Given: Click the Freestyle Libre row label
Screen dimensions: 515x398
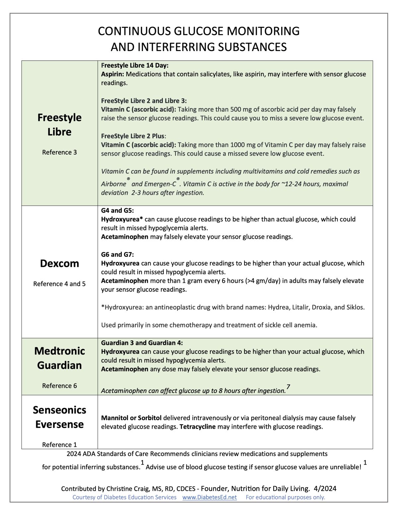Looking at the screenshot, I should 59,125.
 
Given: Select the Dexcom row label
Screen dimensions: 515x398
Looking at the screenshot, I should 59,263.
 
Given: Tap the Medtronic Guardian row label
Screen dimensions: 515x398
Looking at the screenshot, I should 59,358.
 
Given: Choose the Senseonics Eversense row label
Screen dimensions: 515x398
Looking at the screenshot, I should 59,417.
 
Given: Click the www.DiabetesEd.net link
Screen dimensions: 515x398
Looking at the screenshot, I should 210,497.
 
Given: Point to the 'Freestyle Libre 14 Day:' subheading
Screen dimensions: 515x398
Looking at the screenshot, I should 135,65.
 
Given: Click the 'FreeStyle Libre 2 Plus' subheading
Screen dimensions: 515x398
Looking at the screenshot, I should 133,136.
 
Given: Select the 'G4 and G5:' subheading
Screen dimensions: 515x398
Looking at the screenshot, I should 117,210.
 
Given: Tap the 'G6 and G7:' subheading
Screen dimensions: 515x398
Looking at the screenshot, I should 117,254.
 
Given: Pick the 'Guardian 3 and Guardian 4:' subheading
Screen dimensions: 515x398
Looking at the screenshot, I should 142,343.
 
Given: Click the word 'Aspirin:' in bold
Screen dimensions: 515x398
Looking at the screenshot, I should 112,74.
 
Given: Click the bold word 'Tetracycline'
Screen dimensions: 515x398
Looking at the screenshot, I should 198,426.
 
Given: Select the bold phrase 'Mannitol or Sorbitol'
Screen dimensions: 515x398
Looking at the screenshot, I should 131,418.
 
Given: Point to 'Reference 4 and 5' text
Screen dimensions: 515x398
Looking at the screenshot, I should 59,284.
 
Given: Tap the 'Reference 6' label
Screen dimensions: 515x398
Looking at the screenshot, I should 59,386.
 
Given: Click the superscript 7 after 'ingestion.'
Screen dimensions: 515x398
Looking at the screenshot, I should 288,387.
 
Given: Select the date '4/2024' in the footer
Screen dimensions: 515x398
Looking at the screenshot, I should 325,488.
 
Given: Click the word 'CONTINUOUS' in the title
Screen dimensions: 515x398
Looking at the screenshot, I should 135,31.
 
